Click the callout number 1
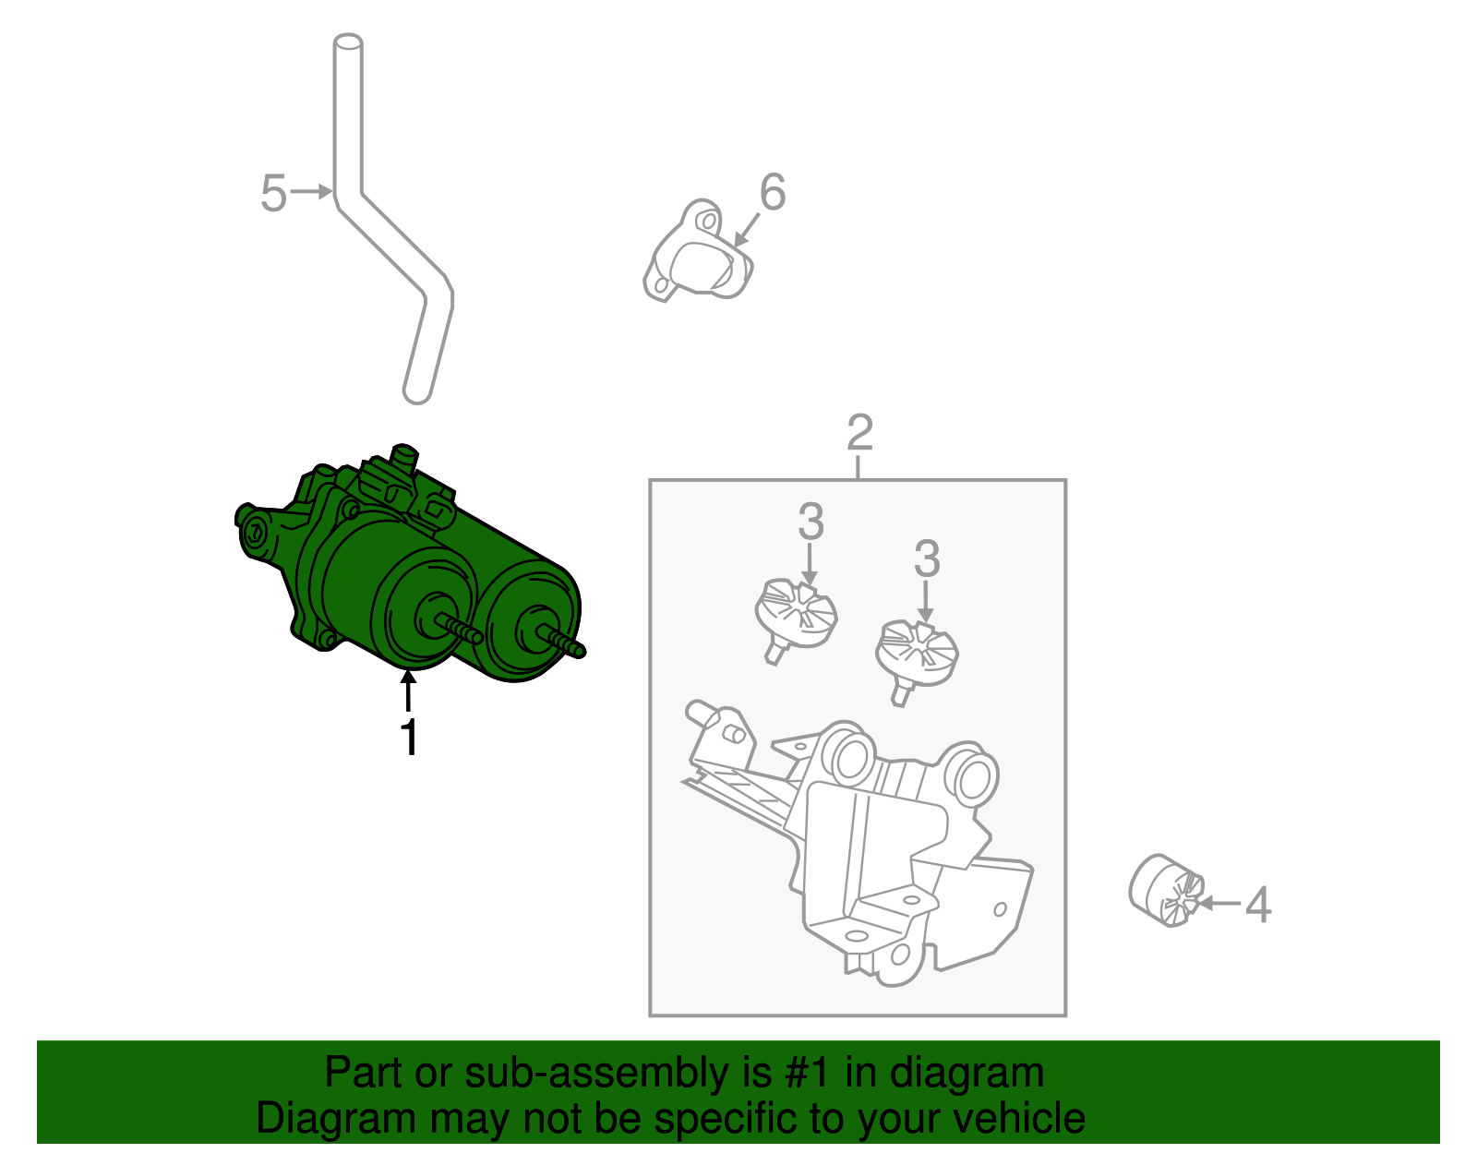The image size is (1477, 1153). click(409, 739)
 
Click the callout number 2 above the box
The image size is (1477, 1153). click(859, 433)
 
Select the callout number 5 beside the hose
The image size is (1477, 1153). click(273, 194)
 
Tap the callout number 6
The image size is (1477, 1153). click(773, 192)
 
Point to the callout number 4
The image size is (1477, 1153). click(1258, 905)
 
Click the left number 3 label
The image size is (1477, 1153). click(811, 522)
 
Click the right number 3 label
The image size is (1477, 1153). click(927, 559)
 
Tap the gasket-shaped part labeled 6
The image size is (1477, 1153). click(698, 253)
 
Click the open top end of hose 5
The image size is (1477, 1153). click(348, 42)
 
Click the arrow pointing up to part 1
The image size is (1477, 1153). click(408, 691)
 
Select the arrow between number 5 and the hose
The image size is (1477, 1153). click(312, 192)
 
